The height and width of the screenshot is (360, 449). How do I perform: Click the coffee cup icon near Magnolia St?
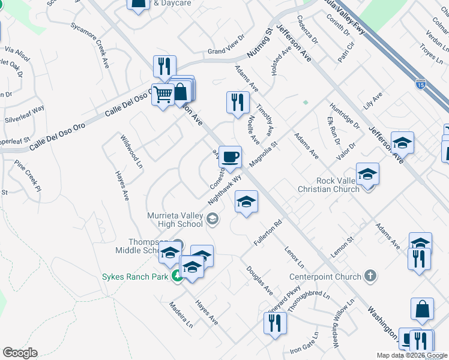click(x=230, y=158)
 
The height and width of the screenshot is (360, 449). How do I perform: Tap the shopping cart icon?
click(x=162, y=95)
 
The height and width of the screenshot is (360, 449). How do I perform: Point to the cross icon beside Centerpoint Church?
click(x=371, y=276)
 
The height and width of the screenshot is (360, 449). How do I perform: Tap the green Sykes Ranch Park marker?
click(x=176, y=276)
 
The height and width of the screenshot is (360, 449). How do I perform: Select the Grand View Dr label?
click(x=226, y=51)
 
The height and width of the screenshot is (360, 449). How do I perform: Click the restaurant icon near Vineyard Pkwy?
click(x=276, y=323)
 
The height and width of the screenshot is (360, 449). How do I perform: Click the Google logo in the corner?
click(x=20, y=353)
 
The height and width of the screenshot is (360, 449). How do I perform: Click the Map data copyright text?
click(x=412, y=355)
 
